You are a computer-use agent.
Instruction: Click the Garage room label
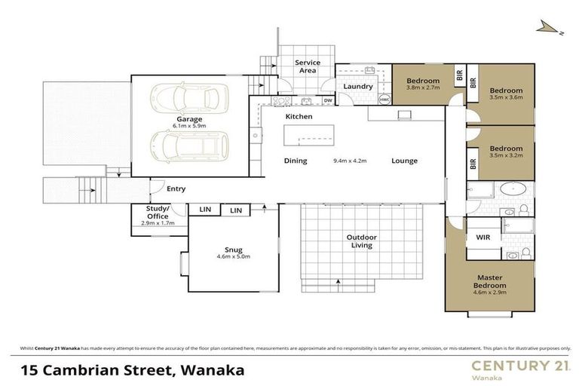pos(189,119)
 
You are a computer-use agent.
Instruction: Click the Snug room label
pos(232,250)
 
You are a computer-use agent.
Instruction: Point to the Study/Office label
pos(158,212)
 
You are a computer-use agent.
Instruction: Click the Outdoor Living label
pos(361,241)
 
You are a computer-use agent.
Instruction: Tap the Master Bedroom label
pos(489,282)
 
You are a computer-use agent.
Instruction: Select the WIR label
pos(483,237)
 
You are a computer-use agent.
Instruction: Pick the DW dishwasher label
pos(328,100)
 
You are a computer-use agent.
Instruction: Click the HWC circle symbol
pos(384,100)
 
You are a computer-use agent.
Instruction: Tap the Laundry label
pos(358,86)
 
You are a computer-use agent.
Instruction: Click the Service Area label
pos(307,66)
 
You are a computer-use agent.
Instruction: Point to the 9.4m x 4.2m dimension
pos(349,161)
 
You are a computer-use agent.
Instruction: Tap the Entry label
pos(176,188)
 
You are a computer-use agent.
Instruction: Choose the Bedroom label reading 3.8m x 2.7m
pos(422,83)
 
